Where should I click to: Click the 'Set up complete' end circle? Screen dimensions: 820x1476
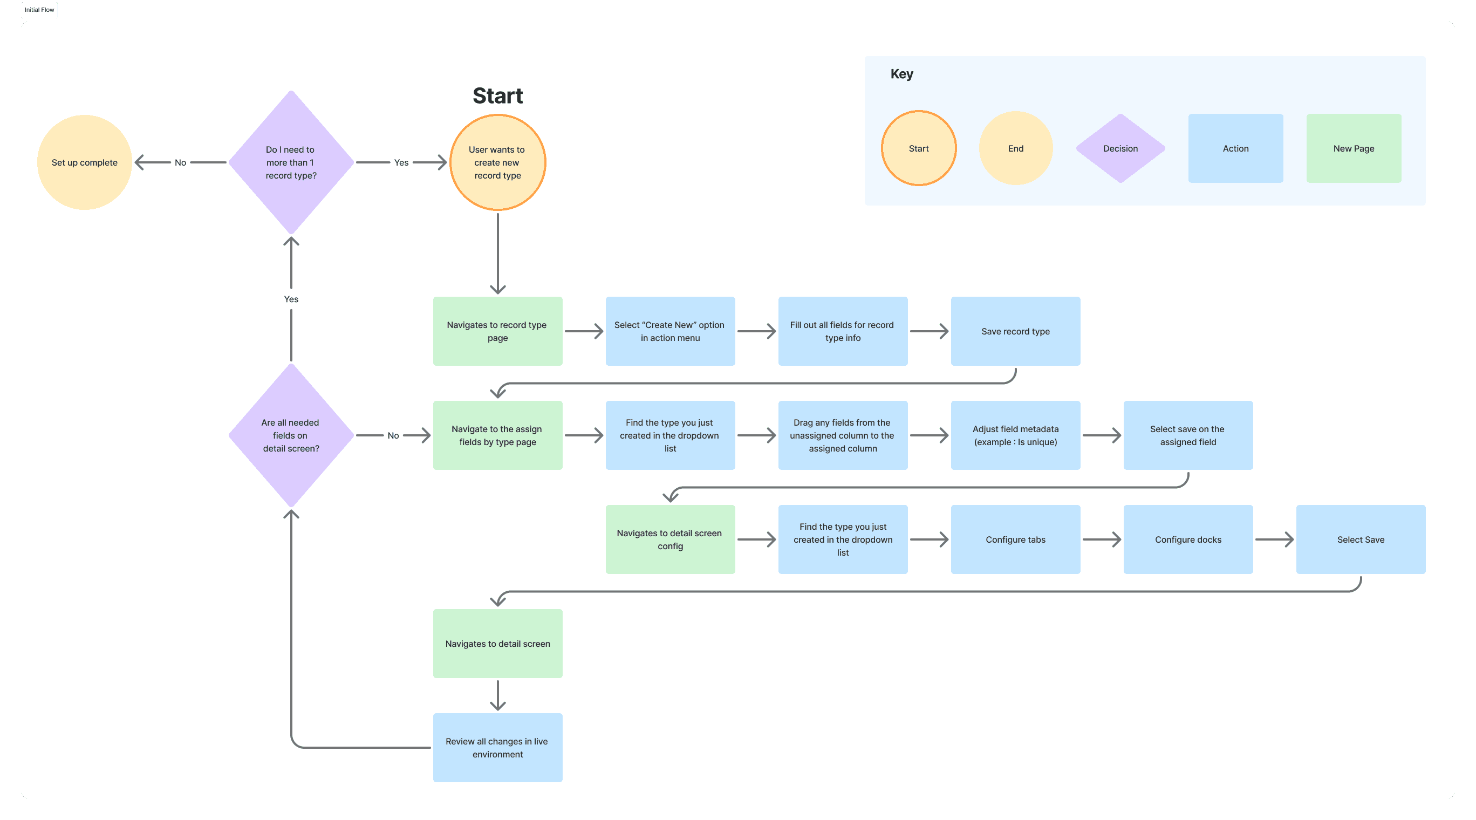point(84,162)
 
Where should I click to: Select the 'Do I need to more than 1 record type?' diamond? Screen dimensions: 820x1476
point(291,162)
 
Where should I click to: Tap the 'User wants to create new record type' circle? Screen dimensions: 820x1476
point(497,162)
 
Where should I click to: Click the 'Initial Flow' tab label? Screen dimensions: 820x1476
point(39,10)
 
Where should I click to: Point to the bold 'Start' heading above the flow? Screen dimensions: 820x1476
point(497,95)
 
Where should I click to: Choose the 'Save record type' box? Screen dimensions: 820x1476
point(1015,331)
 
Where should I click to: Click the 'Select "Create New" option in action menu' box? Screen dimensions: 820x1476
point(670,331)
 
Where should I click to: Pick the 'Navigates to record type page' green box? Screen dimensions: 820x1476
point(497,331)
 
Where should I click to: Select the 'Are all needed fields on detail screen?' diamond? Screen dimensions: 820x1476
point(291,435)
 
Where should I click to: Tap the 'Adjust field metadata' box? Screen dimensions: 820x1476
point(1015,435)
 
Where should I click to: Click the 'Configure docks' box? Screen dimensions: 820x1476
point(1188,539)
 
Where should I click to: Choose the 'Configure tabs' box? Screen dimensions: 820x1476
point(1015,539)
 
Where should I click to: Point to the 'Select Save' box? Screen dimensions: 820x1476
point(1360,539)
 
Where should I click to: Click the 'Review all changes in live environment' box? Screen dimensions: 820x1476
point(497,747)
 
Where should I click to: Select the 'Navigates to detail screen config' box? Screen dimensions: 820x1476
point(670,539)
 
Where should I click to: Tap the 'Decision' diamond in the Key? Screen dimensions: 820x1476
point(1120,148)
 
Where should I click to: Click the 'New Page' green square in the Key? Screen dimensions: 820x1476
point(1354,148)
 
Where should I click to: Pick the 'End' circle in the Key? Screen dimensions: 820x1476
point(1015,148)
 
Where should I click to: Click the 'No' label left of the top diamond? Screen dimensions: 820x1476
point(181,163)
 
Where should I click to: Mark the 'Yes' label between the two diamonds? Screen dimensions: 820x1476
point(291,299)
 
